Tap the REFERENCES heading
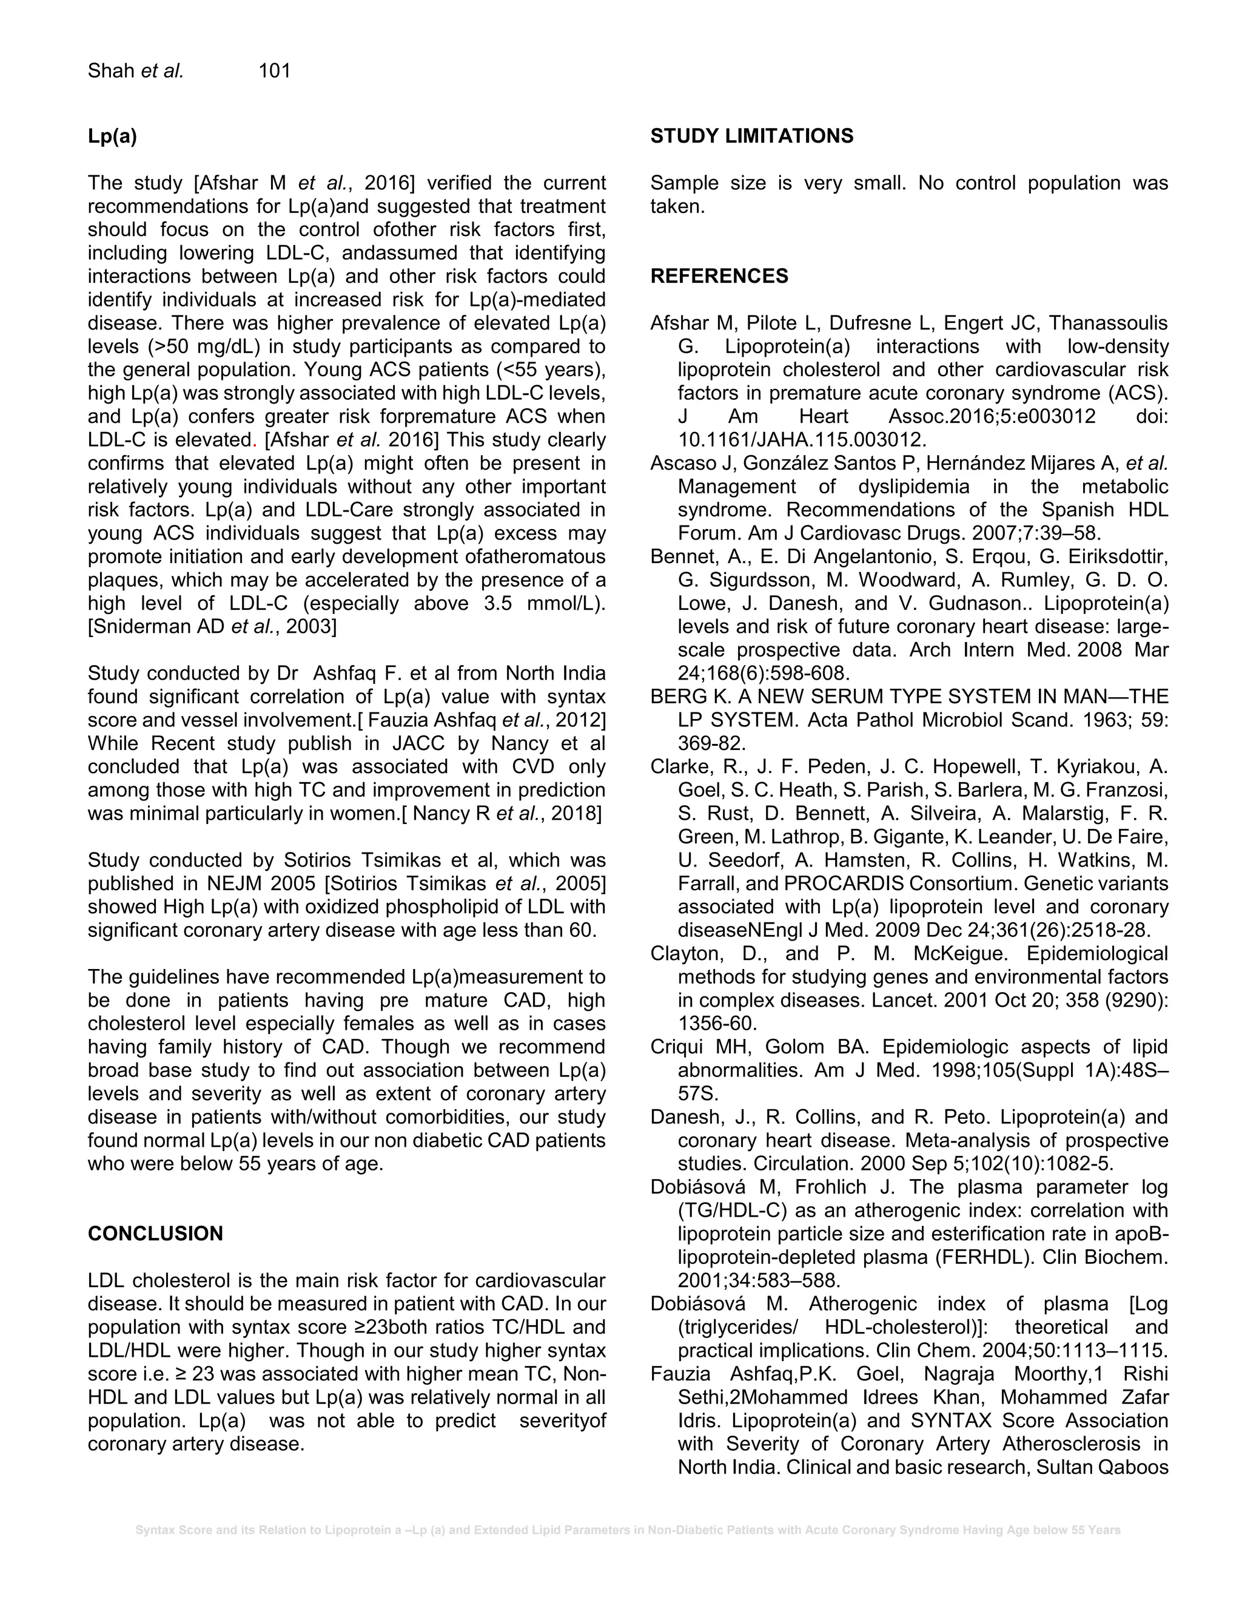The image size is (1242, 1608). [x=719, y=276]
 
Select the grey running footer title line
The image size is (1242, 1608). [x=627, y=1530]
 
